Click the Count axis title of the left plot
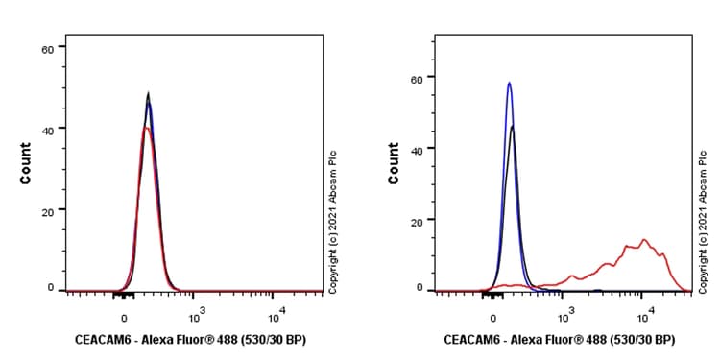[25, 163]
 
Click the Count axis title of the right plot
[394, 163]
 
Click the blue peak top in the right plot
[509, 83]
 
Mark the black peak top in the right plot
[514, 126]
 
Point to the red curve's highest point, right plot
[644, 240]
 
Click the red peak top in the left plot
[145, 128]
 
